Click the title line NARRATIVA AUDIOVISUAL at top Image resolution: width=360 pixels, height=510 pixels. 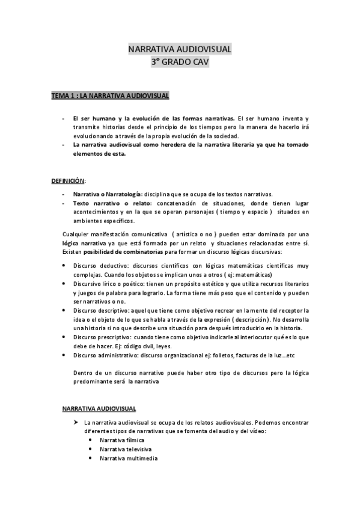point(180,49)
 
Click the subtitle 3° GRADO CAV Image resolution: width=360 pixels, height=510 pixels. point(180,61)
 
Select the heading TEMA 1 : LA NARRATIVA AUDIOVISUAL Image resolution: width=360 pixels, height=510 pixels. point(110,95)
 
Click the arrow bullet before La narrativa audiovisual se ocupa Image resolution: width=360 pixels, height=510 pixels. point(76,422)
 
